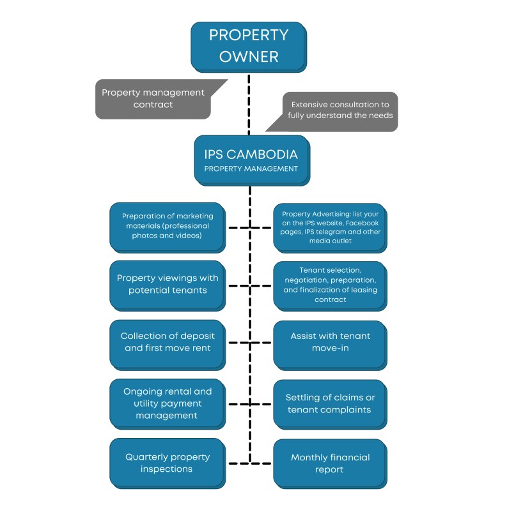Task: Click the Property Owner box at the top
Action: [249, 46]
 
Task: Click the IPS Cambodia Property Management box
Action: [251, 160]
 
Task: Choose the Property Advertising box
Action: [330, 227]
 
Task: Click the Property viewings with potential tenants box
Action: [167, 284]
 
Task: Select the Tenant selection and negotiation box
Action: [330, 285]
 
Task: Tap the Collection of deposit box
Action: [167, 342]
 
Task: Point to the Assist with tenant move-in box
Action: [330, 342]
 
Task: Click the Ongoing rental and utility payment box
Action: [167, 403]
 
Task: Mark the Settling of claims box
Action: [330, 403]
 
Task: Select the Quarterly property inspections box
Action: [167, 463]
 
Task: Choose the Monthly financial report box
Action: [330, 463]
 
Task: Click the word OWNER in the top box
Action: [249, 56]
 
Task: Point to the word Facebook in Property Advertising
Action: [361, 222]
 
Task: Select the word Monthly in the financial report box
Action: [310, 457]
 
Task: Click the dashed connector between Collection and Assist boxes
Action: [249, 342]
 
